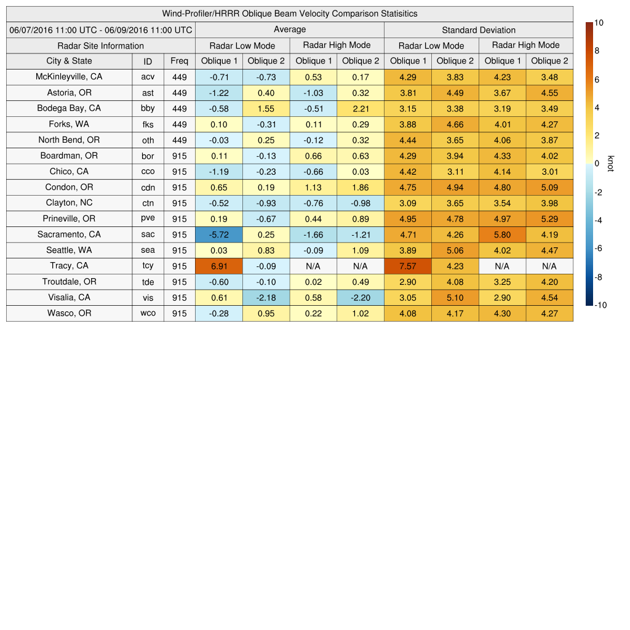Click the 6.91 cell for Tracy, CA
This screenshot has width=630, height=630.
click(x=219, y=266)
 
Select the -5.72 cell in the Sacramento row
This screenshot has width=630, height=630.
click(x=219, y=234)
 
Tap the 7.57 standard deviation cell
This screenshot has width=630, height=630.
click(x=408, y=266)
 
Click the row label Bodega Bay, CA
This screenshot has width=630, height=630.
click(x=69, y=108)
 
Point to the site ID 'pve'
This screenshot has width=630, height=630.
click(x=148, y=218)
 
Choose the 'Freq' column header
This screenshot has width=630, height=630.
click(x=180, y=61)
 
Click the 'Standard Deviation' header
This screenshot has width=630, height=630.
click(x=479, y=30)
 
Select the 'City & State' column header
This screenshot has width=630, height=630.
click(x=69, y=61)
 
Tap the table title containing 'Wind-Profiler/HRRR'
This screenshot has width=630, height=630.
click(x=289, y=14)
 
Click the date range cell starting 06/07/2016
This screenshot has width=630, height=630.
click(x=101, y=30)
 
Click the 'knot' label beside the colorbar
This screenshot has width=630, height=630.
click(x=610, y=164)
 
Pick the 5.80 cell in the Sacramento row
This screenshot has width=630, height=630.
click(x=502, y=234)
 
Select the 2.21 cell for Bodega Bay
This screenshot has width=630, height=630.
click(x=360, y=108)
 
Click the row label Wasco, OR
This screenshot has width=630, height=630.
click(x=69, y=313)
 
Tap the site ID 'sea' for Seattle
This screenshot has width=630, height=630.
click(x=148, y=250)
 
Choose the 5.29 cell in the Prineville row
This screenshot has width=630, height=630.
click(x=549, y=218)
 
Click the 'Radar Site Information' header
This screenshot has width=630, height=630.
click(x=101, y=46)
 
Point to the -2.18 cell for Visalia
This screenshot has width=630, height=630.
click(x=266, y=297)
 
